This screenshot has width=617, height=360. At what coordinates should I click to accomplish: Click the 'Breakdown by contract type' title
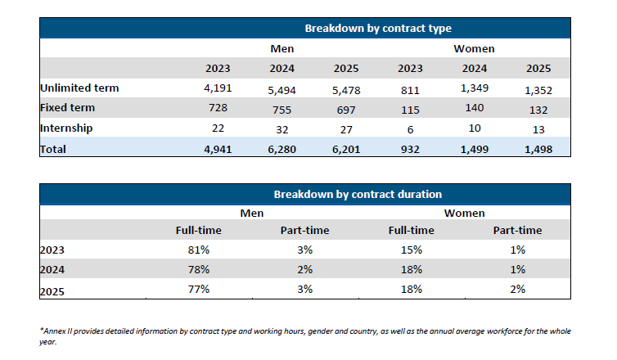click(x=378, y=29)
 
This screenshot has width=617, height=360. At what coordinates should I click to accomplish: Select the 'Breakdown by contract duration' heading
click(x=358, y=195)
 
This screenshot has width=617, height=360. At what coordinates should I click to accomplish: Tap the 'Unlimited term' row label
click(x=79, y=88)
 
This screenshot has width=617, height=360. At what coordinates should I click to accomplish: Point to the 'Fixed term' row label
click(x=68, y=107)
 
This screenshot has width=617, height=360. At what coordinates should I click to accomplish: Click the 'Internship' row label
click(x=66, y=128)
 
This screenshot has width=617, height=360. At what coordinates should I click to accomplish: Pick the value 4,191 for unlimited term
click(x=218, y=88)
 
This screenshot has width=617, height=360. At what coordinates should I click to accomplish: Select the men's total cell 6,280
click(x=281, y=149)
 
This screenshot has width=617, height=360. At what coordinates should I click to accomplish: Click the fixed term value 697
click(x=346, y=110)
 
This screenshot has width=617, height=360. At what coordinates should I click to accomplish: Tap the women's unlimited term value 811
click(x=410, y=90)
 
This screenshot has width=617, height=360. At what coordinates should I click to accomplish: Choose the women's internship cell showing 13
click(x=538, y=129)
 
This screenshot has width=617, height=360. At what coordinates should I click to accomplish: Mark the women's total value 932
click(x=410, y=149)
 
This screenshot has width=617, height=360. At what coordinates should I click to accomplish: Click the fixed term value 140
click(x=475, y=107)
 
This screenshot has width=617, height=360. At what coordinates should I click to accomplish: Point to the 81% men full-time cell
click(x=199, y=250)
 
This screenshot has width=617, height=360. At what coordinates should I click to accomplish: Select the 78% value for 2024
click(x=199, y=269)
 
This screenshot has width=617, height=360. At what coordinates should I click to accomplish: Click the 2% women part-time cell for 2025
click(x=517, y=289)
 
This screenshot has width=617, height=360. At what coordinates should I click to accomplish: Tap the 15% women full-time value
click(x=412, y=250)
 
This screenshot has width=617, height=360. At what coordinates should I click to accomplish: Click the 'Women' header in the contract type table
click(x=474, y=49)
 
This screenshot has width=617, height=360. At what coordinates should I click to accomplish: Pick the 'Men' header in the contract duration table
click(x=252, y=214)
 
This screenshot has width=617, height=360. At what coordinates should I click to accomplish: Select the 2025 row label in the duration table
click(x=52, y=291)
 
